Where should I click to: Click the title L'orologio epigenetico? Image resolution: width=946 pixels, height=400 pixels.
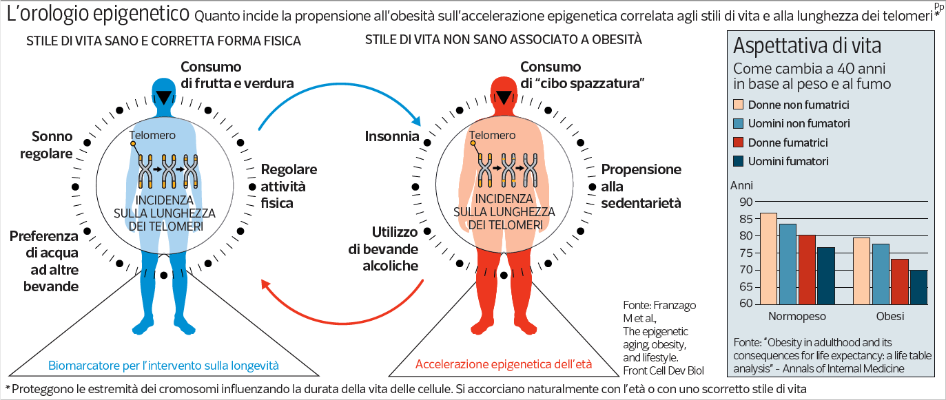point(98,14)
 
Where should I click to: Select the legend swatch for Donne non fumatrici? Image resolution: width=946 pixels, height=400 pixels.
point(737,105)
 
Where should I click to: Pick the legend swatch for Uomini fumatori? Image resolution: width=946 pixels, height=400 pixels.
point(737,161)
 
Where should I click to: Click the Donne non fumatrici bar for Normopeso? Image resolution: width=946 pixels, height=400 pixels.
point(768,259)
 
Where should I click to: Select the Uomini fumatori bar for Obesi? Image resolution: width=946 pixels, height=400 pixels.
point(918,287)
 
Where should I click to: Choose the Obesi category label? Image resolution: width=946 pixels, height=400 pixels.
point(890,317)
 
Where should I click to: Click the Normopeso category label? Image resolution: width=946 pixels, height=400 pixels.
point(797,317)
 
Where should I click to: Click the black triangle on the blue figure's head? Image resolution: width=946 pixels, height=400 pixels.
point(163,97)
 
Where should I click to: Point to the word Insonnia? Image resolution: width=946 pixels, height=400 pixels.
point(391,136)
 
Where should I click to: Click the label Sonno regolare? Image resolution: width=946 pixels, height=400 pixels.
point(52,145)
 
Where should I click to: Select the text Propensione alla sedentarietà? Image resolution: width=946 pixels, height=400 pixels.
point(641,186)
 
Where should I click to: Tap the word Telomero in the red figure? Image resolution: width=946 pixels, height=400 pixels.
point(492,136)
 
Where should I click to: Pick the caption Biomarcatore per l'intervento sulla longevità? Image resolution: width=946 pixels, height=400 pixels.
point(163,365)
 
